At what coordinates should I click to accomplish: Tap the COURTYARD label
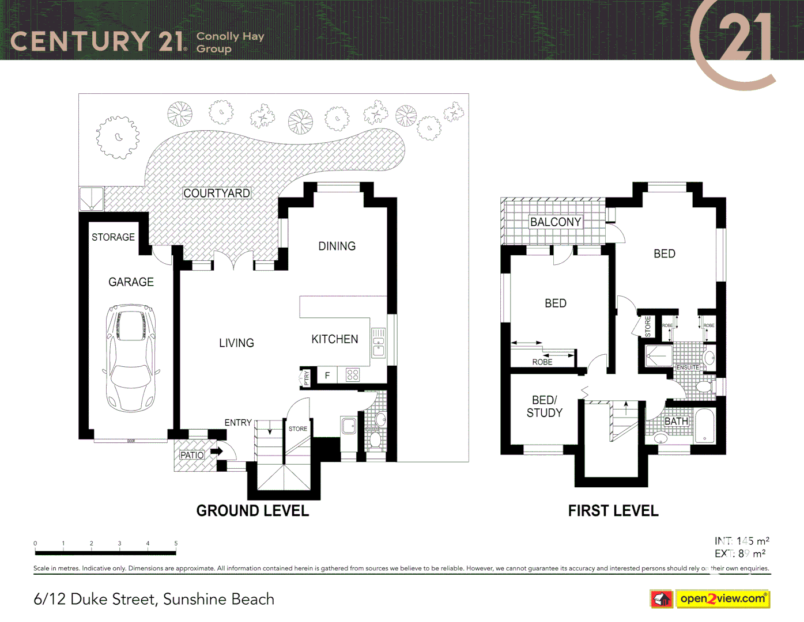217,194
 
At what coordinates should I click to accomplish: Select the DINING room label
337,246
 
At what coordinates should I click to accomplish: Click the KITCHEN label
334,340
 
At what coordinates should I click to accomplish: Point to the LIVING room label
236,343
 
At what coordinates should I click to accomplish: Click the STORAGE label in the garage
113,237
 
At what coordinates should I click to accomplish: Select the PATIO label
192,455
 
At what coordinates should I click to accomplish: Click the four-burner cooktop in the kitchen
353,375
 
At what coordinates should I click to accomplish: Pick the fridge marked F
327,376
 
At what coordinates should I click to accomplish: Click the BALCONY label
556,222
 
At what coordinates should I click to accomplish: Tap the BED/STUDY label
544,407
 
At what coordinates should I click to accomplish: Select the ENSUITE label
688,367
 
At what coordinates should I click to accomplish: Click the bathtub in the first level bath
704,426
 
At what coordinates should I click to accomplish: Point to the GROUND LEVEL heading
252,511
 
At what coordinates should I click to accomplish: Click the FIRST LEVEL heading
613,511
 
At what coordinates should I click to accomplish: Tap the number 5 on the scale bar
176,543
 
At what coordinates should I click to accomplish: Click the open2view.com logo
723,599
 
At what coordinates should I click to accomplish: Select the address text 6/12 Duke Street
153,600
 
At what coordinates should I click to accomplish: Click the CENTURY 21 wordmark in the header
98,41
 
